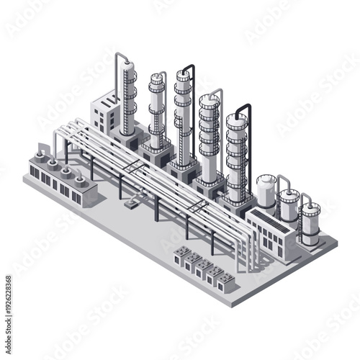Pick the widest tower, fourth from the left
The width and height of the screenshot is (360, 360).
click(x=210, y=137)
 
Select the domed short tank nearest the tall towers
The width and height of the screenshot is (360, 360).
click(x=266, y=189)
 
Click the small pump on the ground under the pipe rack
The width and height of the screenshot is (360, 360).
click(x=131, y=202)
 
